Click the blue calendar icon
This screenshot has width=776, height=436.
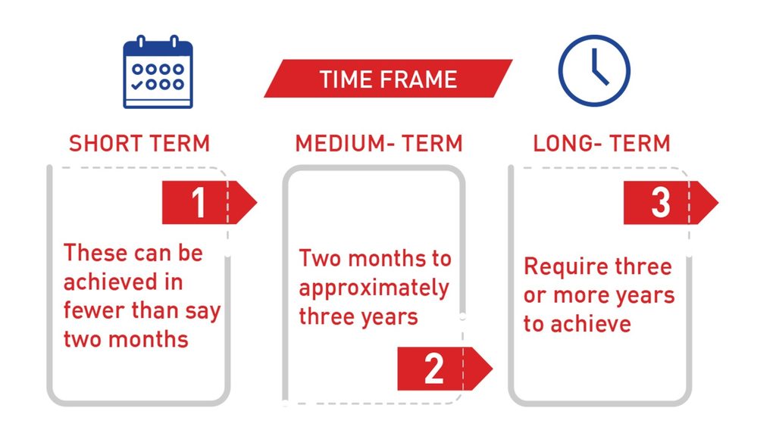(x=158, y=72)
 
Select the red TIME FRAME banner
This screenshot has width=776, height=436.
(x=388, y=79)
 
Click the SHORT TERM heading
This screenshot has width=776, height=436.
(x=139, y=143)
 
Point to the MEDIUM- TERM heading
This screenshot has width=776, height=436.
(x=379, y=143)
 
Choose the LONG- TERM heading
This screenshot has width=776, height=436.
(x=602, y=143)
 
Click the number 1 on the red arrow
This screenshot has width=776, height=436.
(x=199, y=203)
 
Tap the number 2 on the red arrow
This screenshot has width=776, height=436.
(x=434, y=369)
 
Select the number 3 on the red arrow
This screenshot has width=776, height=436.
(x=661, y=203)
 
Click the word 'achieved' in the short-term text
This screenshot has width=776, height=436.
(x=111, y=282)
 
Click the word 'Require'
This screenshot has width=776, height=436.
(x=559, y=267)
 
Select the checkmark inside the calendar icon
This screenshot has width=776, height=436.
(x=137, y=85)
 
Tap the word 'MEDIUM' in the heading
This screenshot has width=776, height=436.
(x=339, y=143)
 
